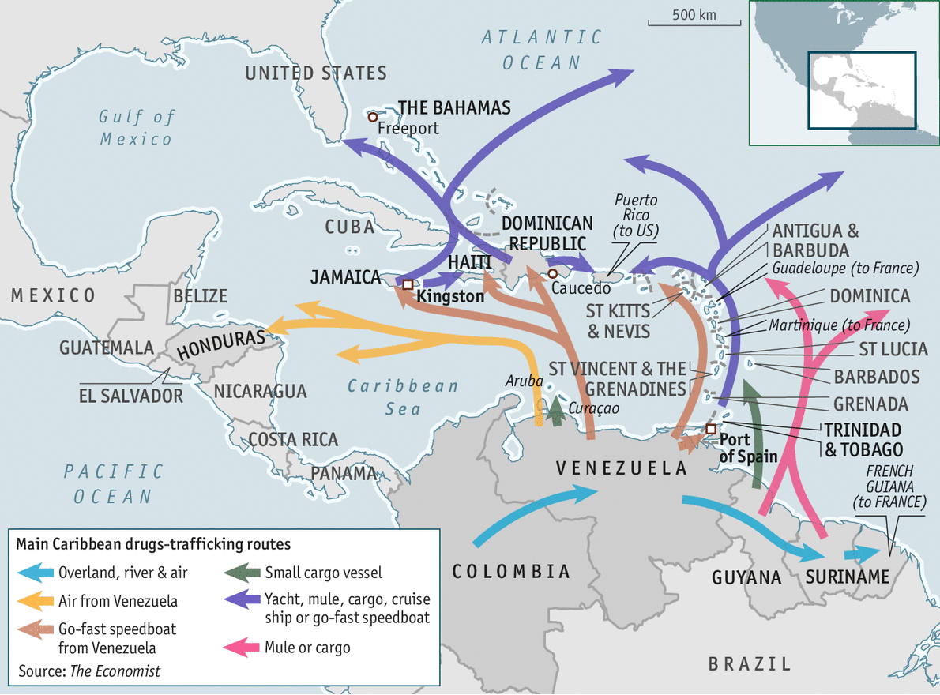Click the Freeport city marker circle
pyautogui.click(x=373, y=116)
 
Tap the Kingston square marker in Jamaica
pyautogui.click(x=408, y=284)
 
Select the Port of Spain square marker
pyautogui.click(x=711, y=429)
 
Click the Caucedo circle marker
pyautogui.click(x=553, y=274)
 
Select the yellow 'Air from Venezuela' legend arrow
pyautogui.click(x=36, y=601)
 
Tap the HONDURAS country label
pyautogui.click(x=220, y=345)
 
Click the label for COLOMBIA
pyautogui.click(x=511, y=572)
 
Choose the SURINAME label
pyautogui.click(x=848, y=577)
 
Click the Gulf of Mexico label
pyautogui.click(x=136, y=128)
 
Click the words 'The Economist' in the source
pyautogui.click(x=115, y=671)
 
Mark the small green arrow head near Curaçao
pyautogui.click(x=557, y=404)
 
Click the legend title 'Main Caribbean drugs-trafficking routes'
pyautogui.click(x=153, y=545)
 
